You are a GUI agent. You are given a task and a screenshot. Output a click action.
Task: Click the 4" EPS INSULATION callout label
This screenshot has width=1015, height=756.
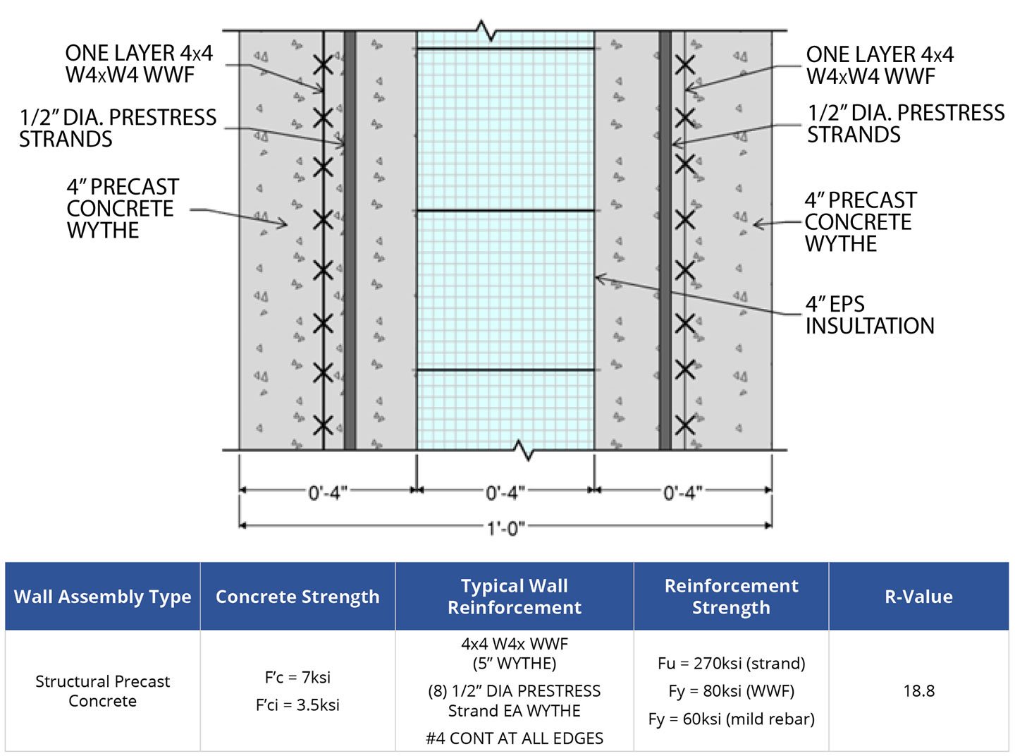pyautogui.click(x=869, y=315)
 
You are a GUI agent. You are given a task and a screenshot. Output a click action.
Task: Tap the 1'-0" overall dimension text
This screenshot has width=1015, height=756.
pyautogui.click(x=505, y=528)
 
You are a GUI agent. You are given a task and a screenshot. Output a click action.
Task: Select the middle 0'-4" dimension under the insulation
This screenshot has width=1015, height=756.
pyautogui.click(x=505, y=492)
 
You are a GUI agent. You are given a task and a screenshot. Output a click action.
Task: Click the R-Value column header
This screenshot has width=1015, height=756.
pyautogui.click(x=918, y=597)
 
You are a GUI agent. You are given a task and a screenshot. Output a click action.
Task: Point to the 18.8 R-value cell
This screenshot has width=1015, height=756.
pyautogui.click(x=918, y=691)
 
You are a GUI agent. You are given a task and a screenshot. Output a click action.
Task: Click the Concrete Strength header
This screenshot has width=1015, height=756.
pyautogui.click(x=297, y=597)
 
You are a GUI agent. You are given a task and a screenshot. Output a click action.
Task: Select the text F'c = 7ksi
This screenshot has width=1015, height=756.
pyautogui.click(x=297, y=678)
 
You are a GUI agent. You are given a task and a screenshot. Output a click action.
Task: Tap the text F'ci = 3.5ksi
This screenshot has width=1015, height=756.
pyautogui.click(x=297, y=705)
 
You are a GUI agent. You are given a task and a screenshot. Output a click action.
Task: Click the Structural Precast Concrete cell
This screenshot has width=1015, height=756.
pyautogui.click(x=103, y=691)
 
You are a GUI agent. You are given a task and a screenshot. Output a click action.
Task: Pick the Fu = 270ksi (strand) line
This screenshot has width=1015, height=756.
pyautogui.click(x=731, y=664)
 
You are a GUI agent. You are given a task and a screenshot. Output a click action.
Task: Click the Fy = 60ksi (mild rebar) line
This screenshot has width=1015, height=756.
pyautogui.click(x=731, y=719)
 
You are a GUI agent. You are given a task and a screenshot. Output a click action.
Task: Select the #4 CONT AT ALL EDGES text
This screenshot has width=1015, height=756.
pyautogui.click(x=515, y=738)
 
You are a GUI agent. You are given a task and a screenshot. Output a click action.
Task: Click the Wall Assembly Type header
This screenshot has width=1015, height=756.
pyautogui.click(x=103, y=597)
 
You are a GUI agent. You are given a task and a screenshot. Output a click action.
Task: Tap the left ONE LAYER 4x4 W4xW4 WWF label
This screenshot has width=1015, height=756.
pyautogui.click(x=139, y=64)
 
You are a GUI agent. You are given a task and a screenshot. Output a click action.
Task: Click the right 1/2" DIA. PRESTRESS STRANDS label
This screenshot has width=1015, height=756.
pyautogui.click(x=906, y=123)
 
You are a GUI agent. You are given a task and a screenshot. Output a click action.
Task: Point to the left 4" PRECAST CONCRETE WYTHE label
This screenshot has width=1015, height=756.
pyautogui.click(x=122, y=209)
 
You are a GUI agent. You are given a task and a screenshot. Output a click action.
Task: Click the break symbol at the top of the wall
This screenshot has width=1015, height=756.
pyautogui.click(x=486, y=31)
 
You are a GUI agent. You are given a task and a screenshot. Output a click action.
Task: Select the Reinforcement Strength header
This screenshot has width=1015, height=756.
pyautogui.click(x=731, y=597)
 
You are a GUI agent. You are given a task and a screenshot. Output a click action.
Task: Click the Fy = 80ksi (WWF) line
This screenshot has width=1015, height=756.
pyautogui.click(x=731, y=691)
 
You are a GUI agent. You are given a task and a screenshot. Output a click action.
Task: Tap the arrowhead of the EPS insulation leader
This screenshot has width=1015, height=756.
pyautogui.click(x=598, y=279)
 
